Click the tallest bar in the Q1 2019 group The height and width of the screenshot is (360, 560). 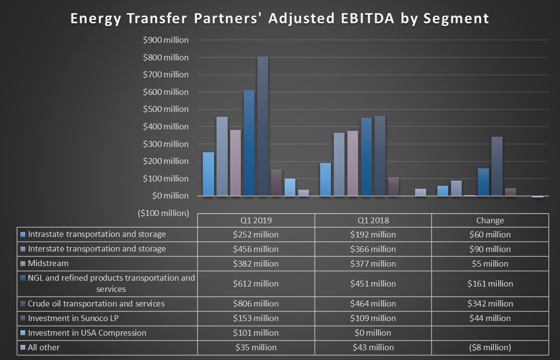tap(263, 126)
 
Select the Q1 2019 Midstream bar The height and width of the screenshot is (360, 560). tap(235, 163)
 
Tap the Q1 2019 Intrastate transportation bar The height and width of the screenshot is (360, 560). tap(208, 174)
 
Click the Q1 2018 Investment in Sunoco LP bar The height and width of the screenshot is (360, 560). tap(394, 186)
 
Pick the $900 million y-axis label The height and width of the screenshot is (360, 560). tap(165, 40)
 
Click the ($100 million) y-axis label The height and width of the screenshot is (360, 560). tap(163, 213)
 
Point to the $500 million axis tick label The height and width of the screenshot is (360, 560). tap(165, 109)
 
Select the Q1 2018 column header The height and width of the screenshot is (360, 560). tap(373, 220)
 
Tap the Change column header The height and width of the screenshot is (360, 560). tap(490, 220)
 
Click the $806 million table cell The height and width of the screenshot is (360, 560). tap(256, 304)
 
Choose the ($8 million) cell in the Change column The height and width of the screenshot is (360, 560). tap(490, 347)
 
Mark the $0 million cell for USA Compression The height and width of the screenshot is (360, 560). tap(373, 333)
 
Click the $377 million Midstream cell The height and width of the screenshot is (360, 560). tap(373, 264)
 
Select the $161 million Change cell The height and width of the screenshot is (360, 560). tap(490, 284)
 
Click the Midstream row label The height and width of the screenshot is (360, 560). tap(48, 264)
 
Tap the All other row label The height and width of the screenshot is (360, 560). tap(44, 347)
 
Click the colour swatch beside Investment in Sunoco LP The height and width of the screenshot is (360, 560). tap(22, 319)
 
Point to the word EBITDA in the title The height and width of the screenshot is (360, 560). tap(365, 18)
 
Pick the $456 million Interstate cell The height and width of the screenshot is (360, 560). tap(256, 249)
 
